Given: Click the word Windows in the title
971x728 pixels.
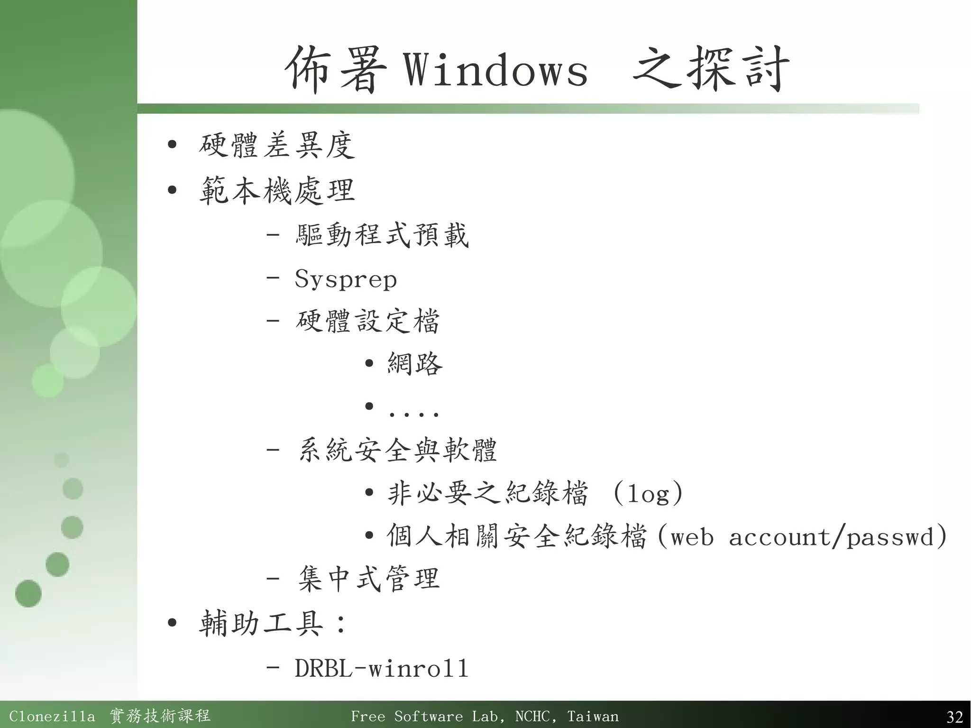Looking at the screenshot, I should pyautogui.click(x=495, y=70).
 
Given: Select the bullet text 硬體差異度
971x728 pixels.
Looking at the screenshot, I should pyautogui.click(x=276, y=145).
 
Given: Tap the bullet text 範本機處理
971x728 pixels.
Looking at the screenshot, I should pyautogui.click(x=276, y=191).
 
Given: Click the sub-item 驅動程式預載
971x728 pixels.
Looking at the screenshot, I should pyautogui.click(x=382, y=235).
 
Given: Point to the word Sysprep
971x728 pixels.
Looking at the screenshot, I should pyautogui.click(x=346, y=279).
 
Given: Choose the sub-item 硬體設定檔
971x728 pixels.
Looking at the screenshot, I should pyautogui.click(x=367, y=322).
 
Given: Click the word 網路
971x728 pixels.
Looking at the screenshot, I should pyautogui.click(x=415, y=364).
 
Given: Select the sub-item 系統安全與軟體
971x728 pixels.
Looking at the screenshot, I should pyautogui.click(x=397, y=450).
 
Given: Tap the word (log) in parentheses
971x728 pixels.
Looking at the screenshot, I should pyautogui.click(x=648, y=494).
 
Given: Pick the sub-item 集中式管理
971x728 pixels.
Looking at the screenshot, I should pyautogui.click(x=369, y=579).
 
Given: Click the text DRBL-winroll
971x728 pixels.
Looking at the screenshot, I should pyautogui.click(x=382, y=668).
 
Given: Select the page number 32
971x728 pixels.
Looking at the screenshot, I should pyautogui.click(x=954, y=716).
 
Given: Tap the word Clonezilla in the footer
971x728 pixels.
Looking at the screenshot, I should pyautogui.click(x=52, y=716).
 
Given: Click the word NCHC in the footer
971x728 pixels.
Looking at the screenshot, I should pyautogui.click(x=533, y=716).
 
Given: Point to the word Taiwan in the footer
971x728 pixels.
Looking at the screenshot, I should pyautogui.click(x=593, y=716).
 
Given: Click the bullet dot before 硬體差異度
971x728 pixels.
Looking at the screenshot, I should pyautogui.click(x=172, y=145).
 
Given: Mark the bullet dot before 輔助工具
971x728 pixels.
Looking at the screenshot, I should pyautogui.click(x=172, y=623).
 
